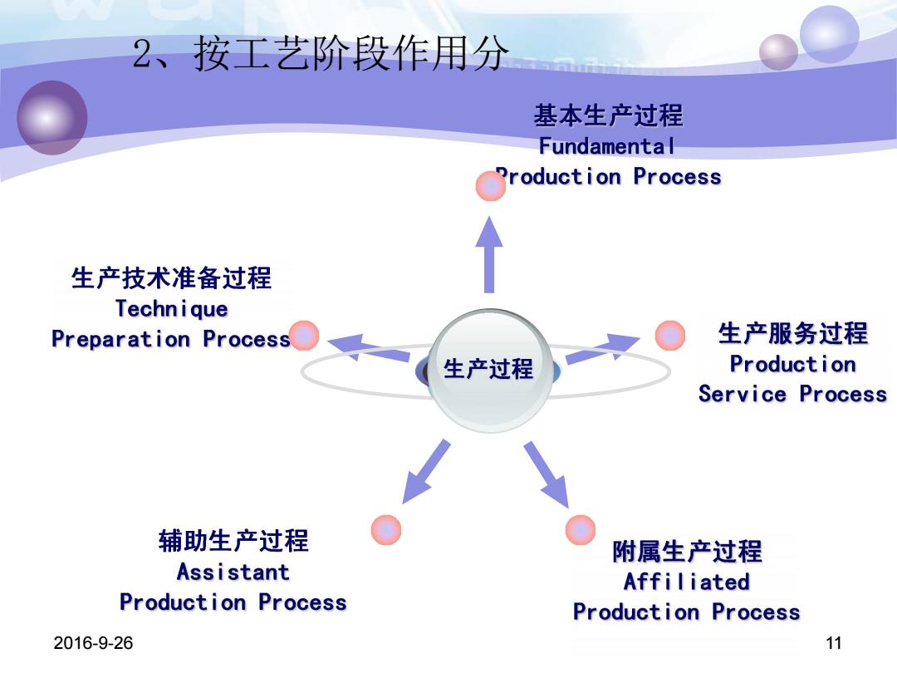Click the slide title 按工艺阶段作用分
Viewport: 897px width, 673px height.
350,53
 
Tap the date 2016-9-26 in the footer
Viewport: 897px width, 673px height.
93,642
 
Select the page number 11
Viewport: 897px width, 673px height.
834,642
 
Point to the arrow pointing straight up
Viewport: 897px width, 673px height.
489,255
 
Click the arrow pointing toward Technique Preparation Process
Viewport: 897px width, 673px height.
369,347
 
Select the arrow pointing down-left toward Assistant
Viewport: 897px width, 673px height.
425,472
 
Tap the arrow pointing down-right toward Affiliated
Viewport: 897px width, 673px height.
547,474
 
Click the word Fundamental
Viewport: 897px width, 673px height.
607,146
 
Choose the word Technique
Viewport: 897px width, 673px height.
172,309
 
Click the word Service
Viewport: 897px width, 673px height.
743,394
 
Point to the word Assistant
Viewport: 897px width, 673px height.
233,572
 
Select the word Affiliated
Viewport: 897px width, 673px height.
687,582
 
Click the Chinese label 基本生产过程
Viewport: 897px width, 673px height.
608,115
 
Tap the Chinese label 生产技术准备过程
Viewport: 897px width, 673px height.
172,278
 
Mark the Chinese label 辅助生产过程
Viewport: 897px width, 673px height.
233,541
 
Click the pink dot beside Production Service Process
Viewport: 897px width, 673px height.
670,336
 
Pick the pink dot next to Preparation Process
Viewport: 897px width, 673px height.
304,336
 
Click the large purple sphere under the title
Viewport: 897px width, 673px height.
52,117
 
